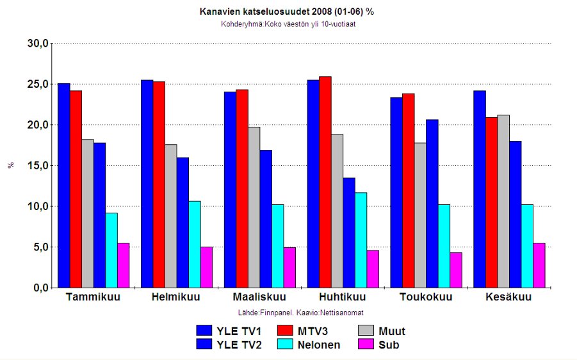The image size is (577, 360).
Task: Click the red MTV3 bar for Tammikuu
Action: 76,190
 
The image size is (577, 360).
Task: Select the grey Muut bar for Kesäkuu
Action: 503,202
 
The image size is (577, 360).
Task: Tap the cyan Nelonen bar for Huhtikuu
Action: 361,240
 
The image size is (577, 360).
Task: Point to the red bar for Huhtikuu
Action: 325,183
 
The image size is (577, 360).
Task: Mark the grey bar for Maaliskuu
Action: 254,208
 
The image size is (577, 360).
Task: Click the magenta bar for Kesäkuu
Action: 539,266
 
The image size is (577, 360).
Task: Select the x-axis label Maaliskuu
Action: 259,298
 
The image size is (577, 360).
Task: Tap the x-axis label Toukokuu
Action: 426,298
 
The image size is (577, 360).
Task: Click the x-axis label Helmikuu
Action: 176,298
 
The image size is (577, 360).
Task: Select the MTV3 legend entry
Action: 307,331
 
